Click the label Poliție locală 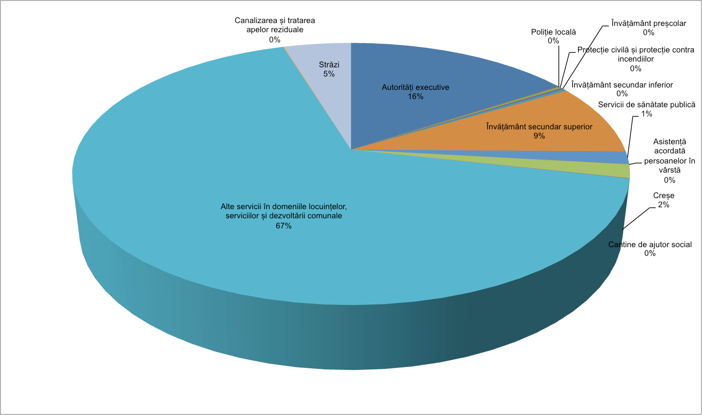pos(553,32)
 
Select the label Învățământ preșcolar pos(648,23)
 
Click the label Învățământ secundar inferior pos(622,85)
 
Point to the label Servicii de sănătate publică pos(646,104)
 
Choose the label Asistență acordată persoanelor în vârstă pos(669,156)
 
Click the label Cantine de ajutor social pos(650,244)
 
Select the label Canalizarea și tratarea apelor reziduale pos(274,25)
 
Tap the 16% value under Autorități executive pos(416,97)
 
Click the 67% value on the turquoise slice pos(283,226)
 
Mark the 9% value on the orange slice pos(539,136)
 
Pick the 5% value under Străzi pos(329,74)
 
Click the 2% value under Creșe pos(664,205)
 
